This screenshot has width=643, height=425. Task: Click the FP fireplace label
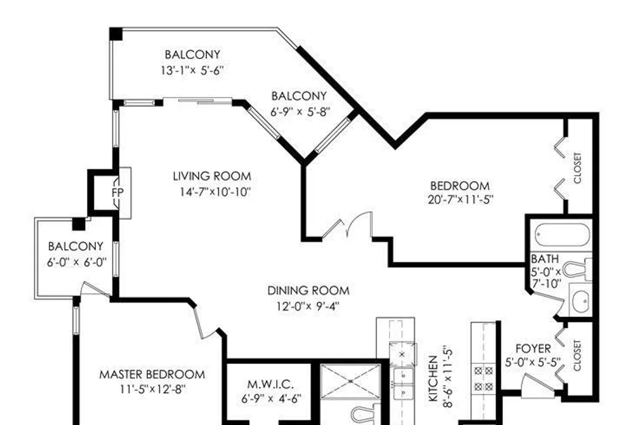pyautogui.click(x=117, y=192)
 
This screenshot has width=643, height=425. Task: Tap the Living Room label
pyautogui.click(x=212, y=177)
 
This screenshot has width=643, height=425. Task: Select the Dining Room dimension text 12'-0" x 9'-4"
pyautogui.click(x=308, y=306)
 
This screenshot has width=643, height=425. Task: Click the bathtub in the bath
pyautogui.click(x=562, y=234)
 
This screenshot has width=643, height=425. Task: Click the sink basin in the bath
pyautogui.click(x=581, y=301)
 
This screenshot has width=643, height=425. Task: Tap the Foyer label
pyautogui.click(x=533, y=349)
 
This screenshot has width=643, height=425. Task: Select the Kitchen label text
pyautogui.click(x=434, y=378)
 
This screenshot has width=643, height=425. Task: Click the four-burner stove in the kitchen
pyautogui.click(x=484, y=378)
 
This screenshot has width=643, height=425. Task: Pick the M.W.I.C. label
pyautogui.click(x=270, y=384)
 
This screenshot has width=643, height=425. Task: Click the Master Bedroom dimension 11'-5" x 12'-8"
pyautogui.click(x=152, y=389)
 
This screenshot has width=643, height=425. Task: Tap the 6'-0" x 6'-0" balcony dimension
pyautogui.click(x=77, y=262)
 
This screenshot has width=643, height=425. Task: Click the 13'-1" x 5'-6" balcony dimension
pyautogui.click(x=192, y=70)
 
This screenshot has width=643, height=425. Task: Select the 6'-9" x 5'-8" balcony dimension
pyautogui.click(x=300, y=112)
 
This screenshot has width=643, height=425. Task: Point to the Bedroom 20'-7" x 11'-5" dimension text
pyautogui.click(x=460, y=199)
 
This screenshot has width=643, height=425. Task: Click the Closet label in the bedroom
pyautogui.click(x=578, y=168)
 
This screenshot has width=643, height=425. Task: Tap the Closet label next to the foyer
pyautogui.click(x=578, y=355)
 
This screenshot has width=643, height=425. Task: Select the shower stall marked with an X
pyautogui.click(x=350, y=381)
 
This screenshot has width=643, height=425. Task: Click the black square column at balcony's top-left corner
pyautogui.click(x=116, y=34)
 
